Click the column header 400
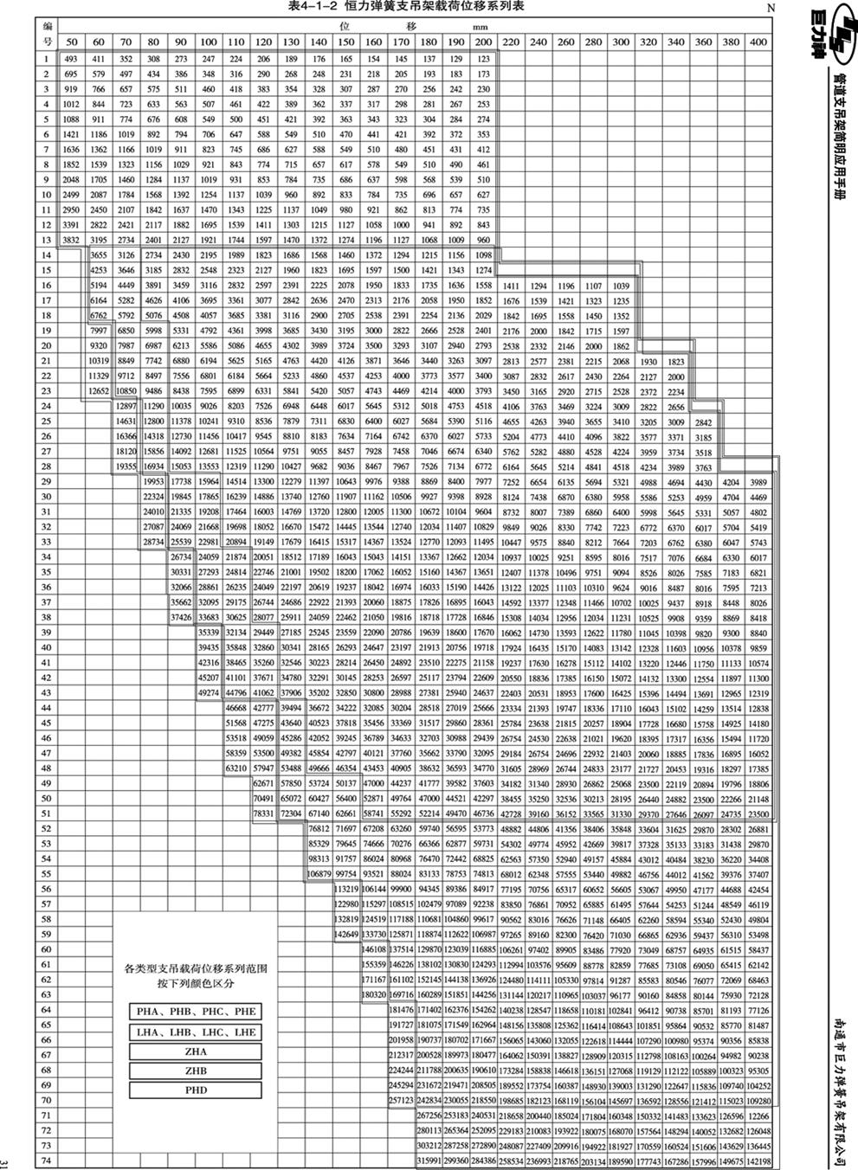[758, 42]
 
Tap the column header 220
[511, 42]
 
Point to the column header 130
[291, 42]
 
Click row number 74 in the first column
[48, 1160]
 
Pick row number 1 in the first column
[48, 58]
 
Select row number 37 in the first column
[48, 601]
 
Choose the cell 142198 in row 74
[758, 1160]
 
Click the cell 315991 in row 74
[429, 1160]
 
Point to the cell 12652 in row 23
[99, 390]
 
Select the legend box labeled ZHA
[196, 1051]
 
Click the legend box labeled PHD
[196, 1090]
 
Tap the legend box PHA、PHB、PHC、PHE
[196, 1012]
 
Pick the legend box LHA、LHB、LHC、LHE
[196, 1032]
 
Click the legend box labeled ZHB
[196, 1071]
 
